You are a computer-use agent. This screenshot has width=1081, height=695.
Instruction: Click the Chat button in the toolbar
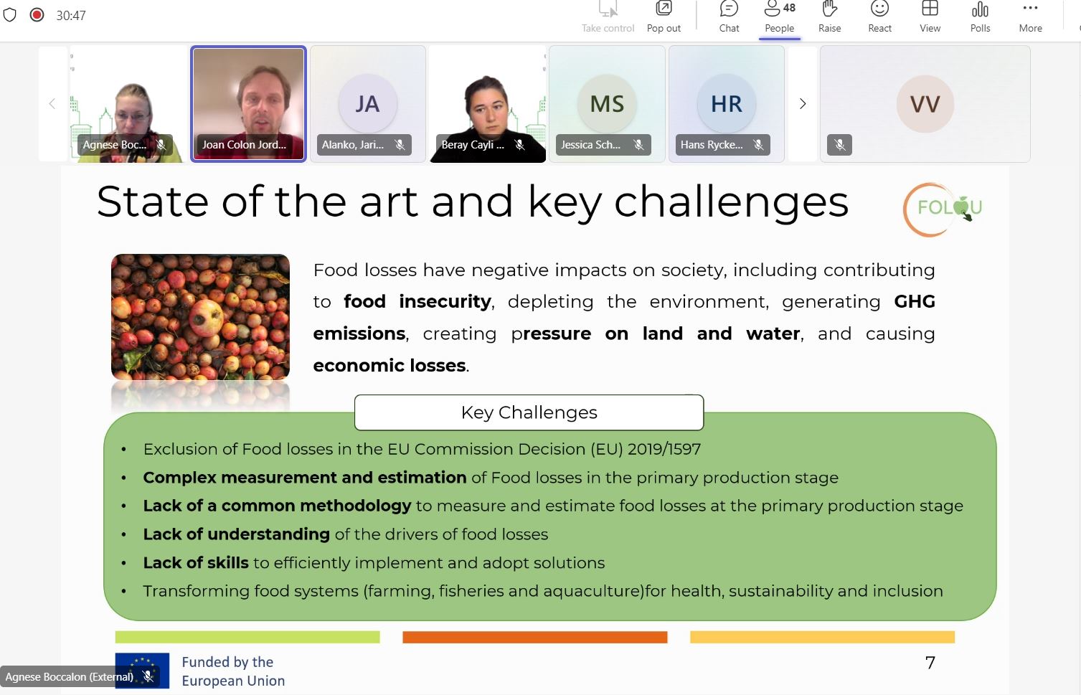(x=729, y=16)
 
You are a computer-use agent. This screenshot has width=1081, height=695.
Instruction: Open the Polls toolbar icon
(x=980, y=16)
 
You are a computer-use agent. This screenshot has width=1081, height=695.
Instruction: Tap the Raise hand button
(x=829, y=16)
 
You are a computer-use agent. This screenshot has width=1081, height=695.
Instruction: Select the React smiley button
(x=879, y=16)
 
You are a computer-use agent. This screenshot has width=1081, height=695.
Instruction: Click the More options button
(x=1030, y=16)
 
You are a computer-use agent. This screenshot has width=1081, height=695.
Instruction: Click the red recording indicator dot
(x=37, y=15)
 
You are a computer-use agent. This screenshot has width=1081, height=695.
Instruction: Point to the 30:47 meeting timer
(x=71, y=16)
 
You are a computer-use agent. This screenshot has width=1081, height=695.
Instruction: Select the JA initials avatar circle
(x=368, y=103)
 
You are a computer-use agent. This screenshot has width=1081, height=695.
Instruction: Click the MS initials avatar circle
(x=607, y=103)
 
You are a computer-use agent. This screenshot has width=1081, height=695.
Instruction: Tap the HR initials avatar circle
(x=727, y=103)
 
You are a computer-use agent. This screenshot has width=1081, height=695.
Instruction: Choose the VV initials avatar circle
(x=925, y=104)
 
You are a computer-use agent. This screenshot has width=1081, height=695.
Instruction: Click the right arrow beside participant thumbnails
(x=803, y=104)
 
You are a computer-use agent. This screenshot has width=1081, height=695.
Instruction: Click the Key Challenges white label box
(x=529, y=412)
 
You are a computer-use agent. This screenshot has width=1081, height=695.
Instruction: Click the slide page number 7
(x=930, y=663)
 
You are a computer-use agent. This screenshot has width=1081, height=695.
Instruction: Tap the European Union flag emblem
(x=142, y=671)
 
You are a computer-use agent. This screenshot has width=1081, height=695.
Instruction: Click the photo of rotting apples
(x=200, y=316)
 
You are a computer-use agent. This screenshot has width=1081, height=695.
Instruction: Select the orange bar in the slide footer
(x=534, y=637)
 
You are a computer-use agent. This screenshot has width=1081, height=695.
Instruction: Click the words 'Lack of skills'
(x=195, y=563)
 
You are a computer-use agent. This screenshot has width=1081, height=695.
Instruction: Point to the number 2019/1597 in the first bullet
(x=664, y=449)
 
